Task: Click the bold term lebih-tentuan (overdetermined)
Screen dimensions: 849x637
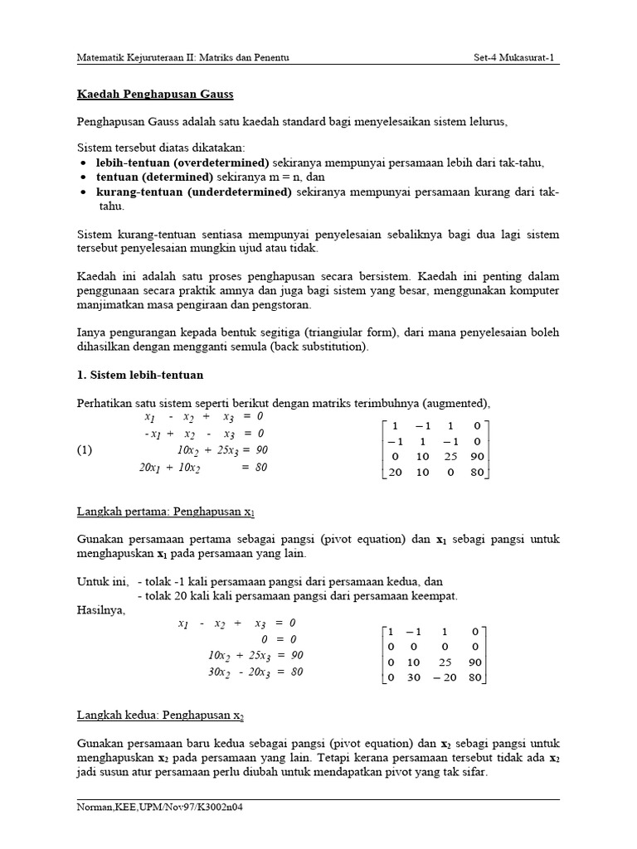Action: coord(182,162)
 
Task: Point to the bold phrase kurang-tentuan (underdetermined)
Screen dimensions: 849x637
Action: coord(193,192)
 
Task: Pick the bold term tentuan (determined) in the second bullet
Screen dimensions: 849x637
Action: coord(155,177)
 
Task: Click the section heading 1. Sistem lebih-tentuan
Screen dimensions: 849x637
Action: coord(139,375)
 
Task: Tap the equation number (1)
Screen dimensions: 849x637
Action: coord(85,450)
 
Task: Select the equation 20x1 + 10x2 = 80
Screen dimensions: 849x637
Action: coord(202,468)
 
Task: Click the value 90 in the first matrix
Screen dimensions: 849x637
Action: coord(475,457)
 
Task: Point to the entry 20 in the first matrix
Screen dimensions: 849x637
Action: coord(396,473)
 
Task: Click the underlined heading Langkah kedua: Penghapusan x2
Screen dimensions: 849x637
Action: coord(158,714)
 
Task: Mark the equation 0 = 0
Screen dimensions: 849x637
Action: coord(278,639)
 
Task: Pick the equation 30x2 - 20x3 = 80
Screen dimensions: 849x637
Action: coord(255,672)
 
